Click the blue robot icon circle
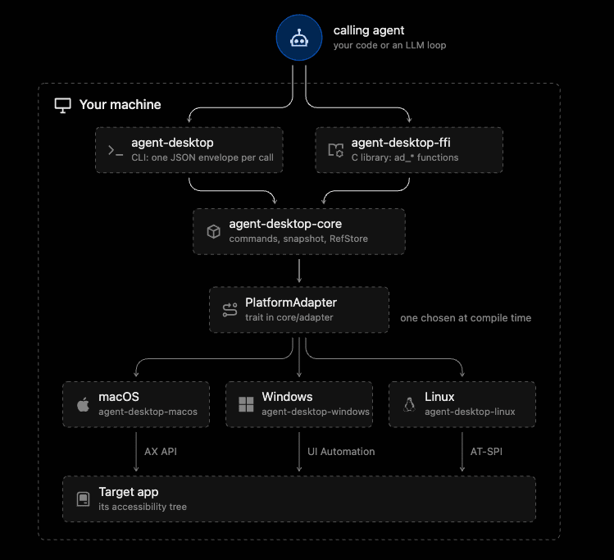click(x=299, y=38)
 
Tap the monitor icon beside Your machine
click(x=62, y=105)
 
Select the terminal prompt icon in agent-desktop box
click(x=115, y=150)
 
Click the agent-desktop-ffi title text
click(x=401, y=143)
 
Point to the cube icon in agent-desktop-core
click(x=213, y=231)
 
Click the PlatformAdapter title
click(x=291, y=303)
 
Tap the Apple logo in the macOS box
click(x=83, y=404)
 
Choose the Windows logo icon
click(x=246, y=404)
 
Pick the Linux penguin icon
click(x=409, y=404)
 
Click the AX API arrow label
click(x=161, y=452)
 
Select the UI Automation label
click(x=341, y=452)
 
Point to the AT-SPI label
click(x=486, y=452)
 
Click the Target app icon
click(x=83, y=499)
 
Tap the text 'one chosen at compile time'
click(x=466, y=318)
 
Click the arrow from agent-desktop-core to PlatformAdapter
click(x=299, y=271)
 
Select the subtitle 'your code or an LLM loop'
click(x=389, y=45)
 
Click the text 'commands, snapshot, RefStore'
click(x=298, y=239)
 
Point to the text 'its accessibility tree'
click(x=143, y=507)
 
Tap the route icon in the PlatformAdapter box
click(x=230, y=310)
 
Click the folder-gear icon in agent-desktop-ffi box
click(x=335, y=150)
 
